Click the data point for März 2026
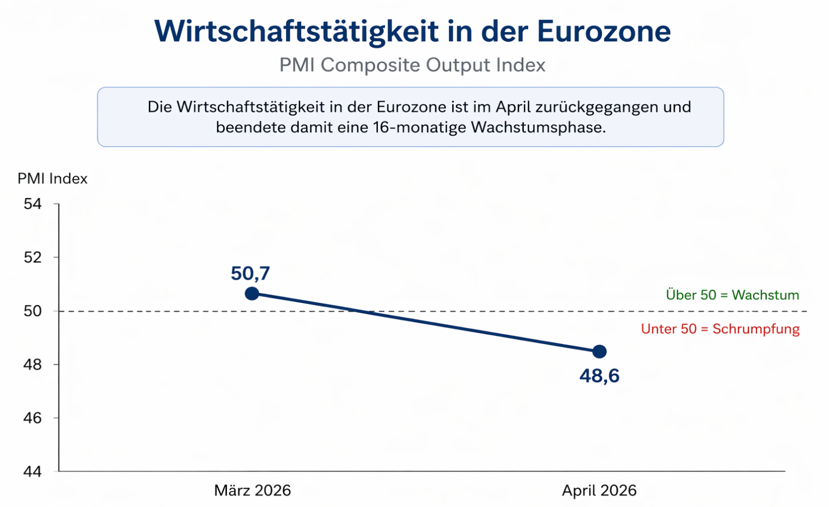point(252,294)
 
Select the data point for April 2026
point(599,351)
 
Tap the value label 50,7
point(250,273)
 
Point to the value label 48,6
point(599,376)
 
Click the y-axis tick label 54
point(33,204)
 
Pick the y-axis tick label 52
point(33,258)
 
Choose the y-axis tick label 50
point(33,311)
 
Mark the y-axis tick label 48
point(33,364)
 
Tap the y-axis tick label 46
point(33,418)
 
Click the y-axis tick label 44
point(33,471)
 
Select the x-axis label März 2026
point(252,490)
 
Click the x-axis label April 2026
point(599,490)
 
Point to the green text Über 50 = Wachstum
point(732,295)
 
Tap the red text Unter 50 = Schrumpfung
point(720,329)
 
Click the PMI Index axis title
point(52,179)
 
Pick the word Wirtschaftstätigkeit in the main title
point(296,31)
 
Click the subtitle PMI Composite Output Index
point(412,65)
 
